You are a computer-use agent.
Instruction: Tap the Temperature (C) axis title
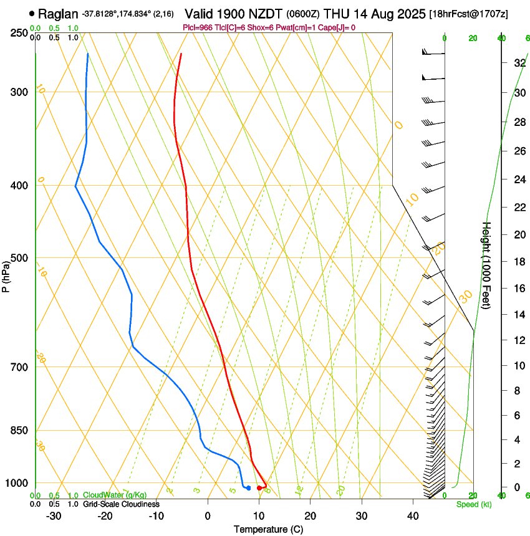pyautogui.click(x=268, y=529)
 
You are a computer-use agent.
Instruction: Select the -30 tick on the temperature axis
pyautogui.click(x=54, y=516)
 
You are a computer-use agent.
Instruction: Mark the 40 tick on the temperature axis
pyautogui.click(x=412, y=516)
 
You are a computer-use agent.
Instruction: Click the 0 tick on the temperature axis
pyautogui.click(x=208, y=516)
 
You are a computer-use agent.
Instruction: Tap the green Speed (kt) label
pyautogui.click(x=473, y=504)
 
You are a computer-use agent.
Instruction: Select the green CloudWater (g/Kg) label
pyautogui.click(x=115, y=495)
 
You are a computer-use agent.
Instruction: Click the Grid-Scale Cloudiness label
pyautogui.click(x=121, y=504)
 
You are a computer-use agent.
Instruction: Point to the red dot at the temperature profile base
pyautogui.click(x=259, y=487)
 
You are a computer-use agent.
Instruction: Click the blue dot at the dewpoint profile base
pyautogui.click(x=248, y=487)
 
